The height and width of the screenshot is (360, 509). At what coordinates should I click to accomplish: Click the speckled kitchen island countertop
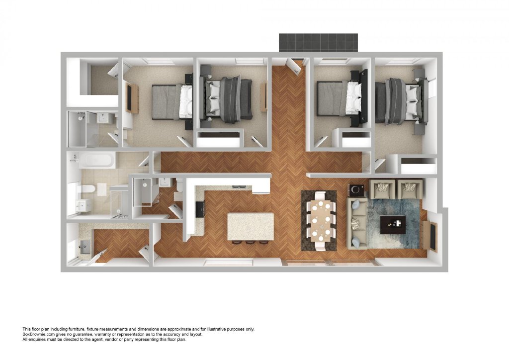tap(251, 226)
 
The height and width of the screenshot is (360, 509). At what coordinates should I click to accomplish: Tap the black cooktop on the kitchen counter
tap(200, 209)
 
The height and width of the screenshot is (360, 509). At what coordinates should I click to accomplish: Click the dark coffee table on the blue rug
tap(393, 225)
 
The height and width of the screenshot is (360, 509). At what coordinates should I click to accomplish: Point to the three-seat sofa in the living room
tap(356, 223)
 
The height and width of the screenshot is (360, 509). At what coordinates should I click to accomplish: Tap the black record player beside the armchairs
tap(357, 189)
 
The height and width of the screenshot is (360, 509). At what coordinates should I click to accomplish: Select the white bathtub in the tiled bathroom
tap(97, 161)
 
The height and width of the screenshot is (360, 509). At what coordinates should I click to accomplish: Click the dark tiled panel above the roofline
tap(318, 42)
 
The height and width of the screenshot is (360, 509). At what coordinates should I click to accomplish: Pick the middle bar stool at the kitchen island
tap(250, 242)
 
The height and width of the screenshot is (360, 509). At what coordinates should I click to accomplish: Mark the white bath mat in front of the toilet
tap(101, 189)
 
